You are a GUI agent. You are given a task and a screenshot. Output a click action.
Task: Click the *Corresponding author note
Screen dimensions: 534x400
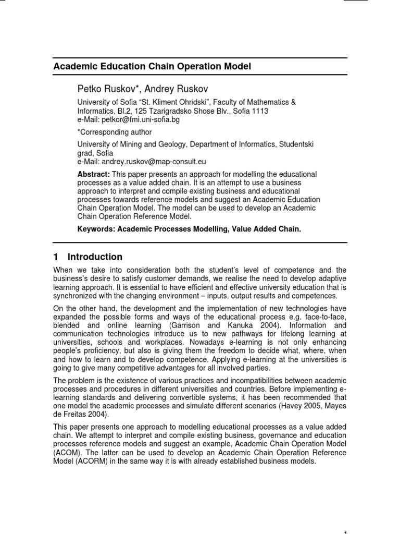click(115, 132)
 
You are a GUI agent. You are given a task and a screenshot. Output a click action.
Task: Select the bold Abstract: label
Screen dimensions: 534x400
click(94, 174)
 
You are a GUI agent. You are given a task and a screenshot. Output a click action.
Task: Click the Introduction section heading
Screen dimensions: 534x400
click(95, 257)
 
